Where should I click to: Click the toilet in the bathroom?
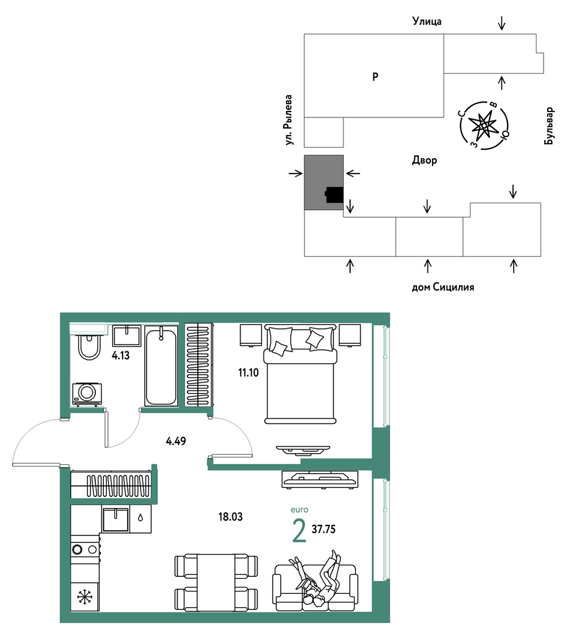coord(89,346)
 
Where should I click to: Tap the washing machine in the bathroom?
coord(87,394)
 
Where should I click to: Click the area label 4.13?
coord(120,355)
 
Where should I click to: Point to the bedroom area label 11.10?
coord(248,373)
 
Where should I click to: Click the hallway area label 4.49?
coord(176,441)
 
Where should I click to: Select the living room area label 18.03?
coord(230,517)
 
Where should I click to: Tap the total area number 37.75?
coord(323,529)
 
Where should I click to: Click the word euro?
coord(300,510)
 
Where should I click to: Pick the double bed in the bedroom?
coord(300,374)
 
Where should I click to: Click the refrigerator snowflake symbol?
coord(85,597)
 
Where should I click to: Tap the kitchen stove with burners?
coord(85,549)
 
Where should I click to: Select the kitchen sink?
coord(116,520)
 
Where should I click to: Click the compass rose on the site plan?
coord(483,125)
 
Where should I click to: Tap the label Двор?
coord(424,161)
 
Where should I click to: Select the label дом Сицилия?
coord(443,287)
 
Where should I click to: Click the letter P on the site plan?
coord(375,76)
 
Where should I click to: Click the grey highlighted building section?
coord(323,182)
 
